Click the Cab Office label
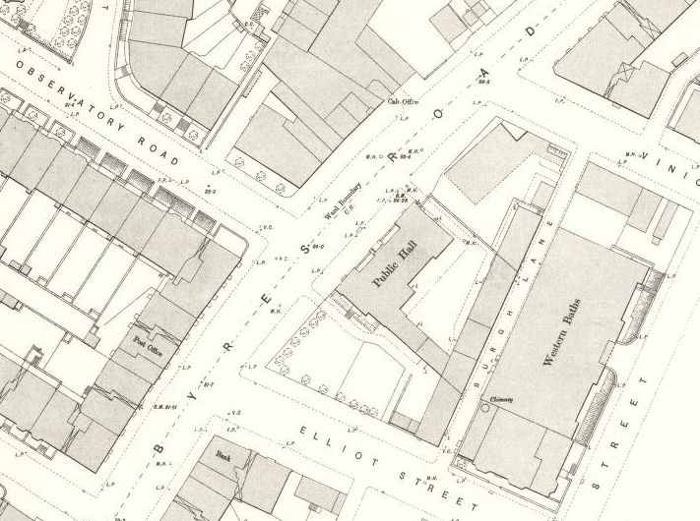(399, 101)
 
